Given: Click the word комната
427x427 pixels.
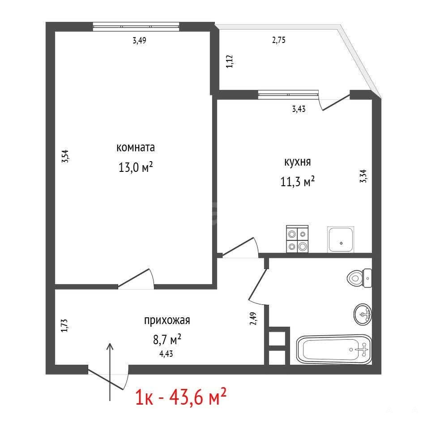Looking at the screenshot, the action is (136, 148).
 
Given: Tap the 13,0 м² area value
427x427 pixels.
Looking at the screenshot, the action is (136, 167).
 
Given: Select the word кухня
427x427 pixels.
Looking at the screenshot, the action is (297, 162).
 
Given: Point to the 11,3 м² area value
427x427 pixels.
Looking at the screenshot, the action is (297, 181).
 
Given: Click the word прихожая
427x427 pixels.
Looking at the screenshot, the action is (167, 320).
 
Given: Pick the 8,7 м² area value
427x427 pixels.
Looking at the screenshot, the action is (167, 339).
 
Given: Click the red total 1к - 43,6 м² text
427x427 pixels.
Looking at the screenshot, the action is (181, 397).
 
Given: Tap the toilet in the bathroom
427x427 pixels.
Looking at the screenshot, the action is (359, 278).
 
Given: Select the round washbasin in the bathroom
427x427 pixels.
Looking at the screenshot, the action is (363, 314).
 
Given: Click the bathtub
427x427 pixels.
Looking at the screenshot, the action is (334, 350).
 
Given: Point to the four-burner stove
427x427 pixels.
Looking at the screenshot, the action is (297, 239).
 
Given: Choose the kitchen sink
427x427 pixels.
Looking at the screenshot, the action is (341, 239).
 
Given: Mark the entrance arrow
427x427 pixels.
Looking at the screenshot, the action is (110, 372).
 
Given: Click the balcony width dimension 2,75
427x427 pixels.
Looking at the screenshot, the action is (279, 40).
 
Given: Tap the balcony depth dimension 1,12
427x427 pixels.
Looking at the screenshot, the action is (230, 61).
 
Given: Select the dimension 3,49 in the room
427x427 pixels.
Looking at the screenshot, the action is (140, 41).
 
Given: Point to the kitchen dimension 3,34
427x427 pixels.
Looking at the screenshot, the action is (363, 176).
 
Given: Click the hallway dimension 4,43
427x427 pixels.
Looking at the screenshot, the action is (166, 354).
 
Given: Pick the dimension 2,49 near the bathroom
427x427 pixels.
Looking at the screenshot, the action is (253, 318).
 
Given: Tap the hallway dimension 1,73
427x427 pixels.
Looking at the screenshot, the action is (64, 325).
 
